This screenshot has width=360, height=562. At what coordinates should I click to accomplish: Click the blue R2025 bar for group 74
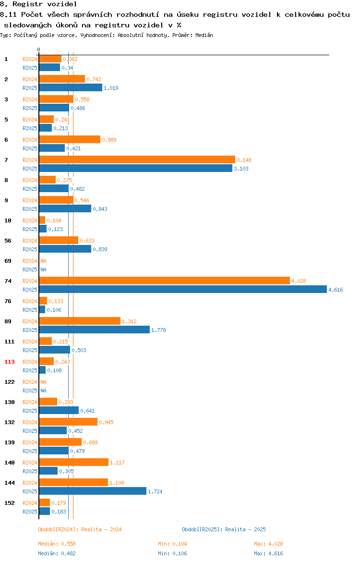183,290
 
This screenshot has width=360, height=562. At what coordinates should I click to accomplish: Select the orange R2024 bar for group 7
137,160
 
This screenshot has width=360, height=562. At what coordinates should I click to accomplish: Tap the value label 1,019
111,88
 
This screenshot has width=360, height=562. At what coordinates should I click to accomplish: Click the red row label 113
10,362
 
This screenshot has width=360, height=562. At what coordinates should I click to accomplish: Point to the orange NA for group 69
43,261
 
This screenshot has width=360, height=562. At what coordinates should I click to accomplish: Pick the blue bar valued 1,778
94,330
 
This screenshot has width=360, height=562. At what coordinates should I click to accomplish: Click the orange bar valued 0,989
70,140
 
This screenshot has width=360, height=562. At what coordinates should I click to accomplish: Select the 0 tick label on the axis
39,50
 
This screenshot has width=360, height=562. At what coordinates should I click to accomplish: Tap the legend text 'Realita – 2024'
101,530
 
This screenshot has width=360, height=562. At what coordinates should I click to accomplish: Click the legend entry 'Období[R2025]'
201,530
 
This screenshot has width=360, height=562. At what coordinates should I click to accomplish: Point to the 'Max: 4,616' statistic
268,554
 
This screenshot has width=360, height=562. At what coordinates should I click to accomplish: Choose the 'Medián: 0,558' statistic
57,544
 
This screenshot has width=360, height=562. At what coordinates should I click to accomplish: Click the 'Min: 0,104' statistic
172,544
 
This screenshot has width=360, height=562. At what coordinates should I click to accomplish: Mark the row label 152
10,503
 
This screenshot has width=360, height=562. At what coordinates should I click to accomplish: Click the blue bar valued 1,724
93,491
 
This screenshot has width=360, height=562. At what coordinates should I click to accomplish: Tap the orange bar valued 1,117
74,463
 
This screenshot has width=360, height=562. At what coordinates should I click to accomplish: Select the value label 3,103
241,169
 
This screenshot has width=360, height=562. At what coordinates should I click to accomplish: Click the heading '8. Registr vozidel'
38,4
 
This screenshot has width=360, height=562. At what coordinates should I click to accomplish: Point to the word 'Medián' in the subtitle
204,36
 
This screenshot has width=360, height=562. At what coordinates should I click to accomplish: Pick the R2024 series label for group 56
30,241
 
